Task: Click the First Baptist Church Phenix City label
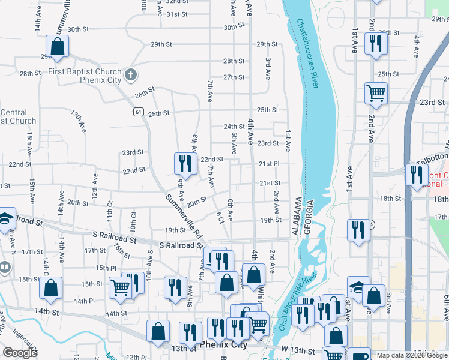pyautogui.click(x=85, y=76)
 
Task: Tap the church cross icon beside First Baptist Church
pyautogui.click(x=131, y=76)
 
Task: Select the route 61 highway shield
pyautogui.click(x=139, y=112)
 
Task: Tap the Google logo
pyautogui.click(x=20, y=353)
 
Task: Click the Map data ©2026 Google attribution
pyautogui.click(x=411, y=355)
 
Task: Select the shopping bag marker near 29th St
pyautogui.click(x=57, y=46)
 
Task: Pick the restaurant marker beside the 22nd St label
pyautogui.click(x=185, y=164)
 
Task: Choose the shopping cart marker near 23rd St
pyautogui.click(x=376, y=94)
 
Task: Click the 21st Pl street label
pyautogui.click(x=269, y=163)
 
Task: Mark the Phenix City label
pyautogui.click(x=223, y=346)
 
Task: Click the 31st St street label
pyautogui.click(x=178, y=14)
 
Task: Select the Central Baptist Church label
pyautogui.click(x=18, y=116)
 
